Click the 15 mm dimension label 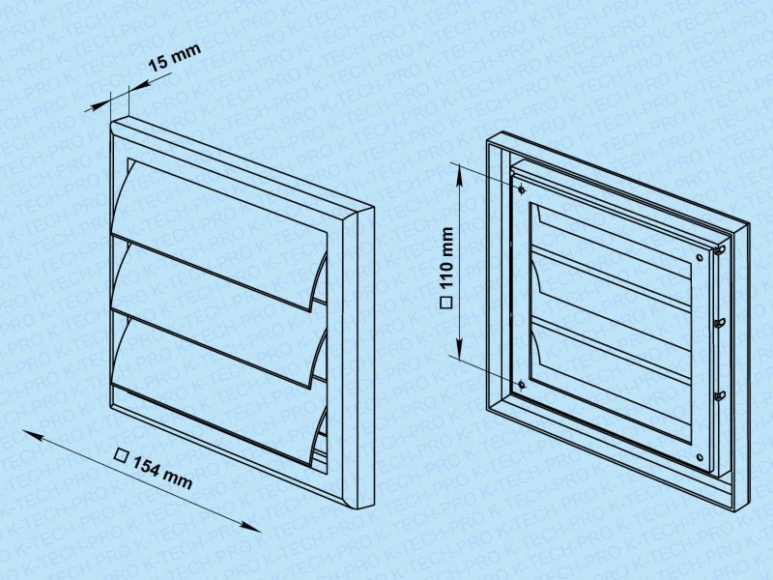point(175,57)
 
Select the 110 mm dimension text point(446,258)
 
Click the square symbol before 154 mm point(121,454)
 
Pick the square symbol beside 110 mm point(446,303)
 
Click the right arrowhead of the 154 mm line point(251,527)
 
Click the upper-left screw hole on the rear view point(522,188)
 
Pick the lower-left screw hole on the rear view point(522,383)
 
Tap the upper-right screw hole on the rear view point(700,257)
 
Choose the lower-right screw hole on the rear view point(700,457)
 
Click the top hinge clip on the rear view point(720,250)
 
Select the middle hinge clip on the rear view point(720,323)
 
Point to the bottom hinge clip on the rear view point(720,395)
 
